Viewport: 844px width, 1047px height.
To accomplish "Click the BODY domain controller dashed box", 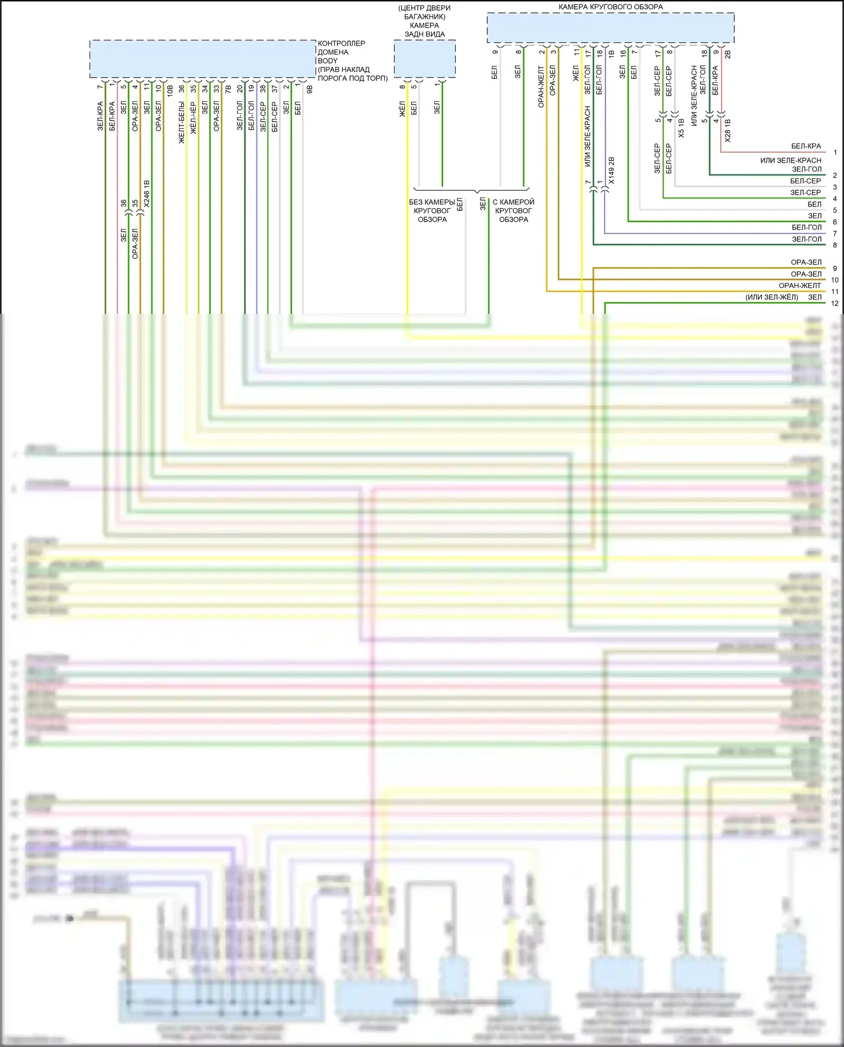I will click(x=203, y=59).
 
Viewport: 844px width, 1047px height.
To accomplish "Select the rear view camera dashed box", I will click(x=424, y=59).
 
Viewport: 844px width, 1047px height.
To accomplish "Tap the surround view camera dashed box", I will click(x=610, y=28).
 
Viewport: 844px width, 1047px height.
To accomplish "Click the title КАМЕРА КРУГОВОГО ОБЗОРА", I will click(x=610, y=7).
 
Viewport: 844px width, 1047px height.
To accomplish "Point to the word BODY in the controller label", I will click(x=327, y=61).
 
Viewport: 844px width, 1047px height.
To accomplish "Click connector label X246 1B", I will click(x=147, y=194).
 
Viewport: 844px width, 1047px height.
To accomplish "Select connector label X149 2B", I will click(x=612, y=170).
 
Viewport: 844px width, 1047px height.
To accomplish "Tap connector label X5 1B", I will click(x=681, y=128).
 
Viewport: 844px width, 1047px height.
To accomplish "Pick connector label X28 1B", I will click(x=728, y=131).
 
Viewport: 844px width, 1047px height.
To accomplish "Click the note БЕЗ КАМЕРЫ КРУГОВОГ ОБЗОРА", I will click(x=432, y=211).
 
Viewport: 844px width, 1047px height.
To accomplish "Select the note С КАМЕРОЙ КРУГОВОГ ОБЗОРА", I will click(x=513, y=211).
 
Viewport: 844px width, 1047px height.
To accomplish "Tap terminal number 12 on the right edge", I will click(x=834, y=303).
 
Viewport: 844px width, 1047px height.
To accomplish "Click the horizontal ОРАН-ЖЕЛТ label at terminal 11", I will click(x=800, y=286).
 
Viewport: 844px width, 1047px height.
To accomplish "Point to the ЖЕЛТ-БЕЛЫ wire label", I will click(x=182, y=123).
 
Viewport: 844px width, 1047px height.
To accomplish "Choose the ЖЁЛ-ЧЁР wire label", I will click(x=194, y=118).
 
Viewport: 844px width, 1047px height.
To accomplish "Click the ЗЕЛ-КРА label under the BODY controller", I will click(x=100, y=116).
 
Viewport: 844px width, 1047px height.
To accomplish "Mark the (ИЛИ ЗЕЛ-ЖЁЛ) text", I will click(x=771, y=298).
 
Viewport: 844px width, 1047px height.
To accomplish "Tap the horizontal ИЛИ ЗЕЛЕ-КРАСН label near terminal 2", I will click(x=791, y=160).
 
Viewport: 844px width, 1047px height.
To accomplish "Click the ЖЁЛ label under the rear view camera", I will click(x=402, y=109).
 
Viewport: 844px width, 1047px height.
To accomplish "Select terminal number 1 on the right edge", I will click(x=835, y=152).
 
